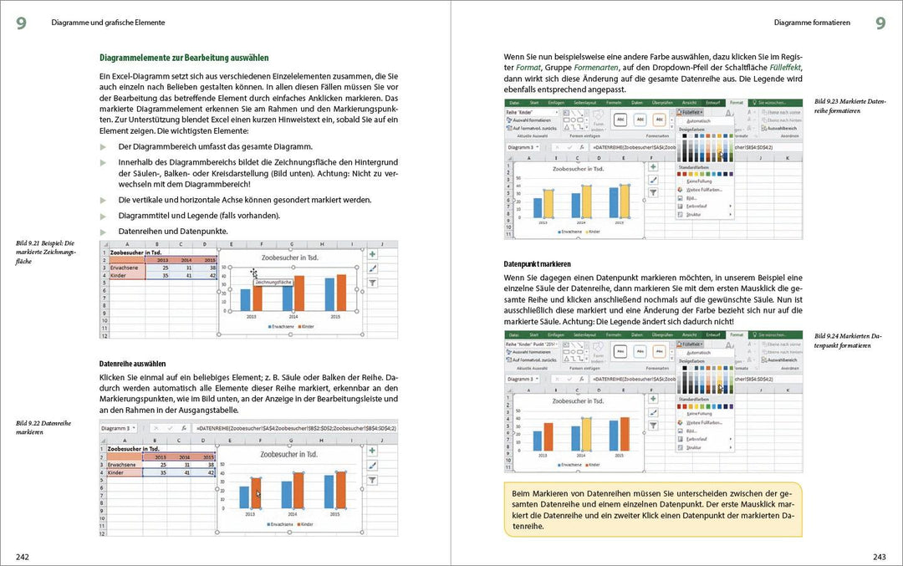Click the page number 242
(x=23, y=556)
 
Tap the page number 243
(x=879, y=556)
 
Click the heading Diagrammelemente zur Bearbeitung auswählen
(x=184, y=58)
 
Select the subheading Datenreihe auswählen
(x=132, y=364)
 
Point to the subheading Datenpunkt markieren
(x=543, y=263)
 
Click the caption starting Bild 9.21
(x=46, y=252)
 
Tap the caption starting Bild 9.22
(x=43, y=427)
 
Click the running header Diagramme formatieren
(x=812, y=23)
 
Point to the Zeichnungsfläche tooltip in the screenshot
(x=273, y=283)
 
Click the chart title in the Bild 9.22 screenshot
(x=288, y=455)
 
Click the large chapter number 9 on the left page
(x=21, y=23)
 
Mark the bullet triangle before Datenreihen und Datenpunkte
(x=104, y=232)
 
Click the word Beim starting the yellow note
(x=523, y=494)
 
